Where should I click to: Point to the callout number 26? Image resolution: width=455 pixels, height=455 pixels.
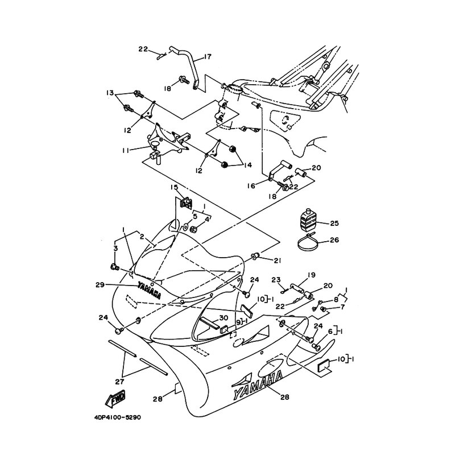tap(334, 240)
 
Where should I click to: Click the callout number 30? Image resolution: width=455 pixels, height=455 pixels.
tap(224, 317)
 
